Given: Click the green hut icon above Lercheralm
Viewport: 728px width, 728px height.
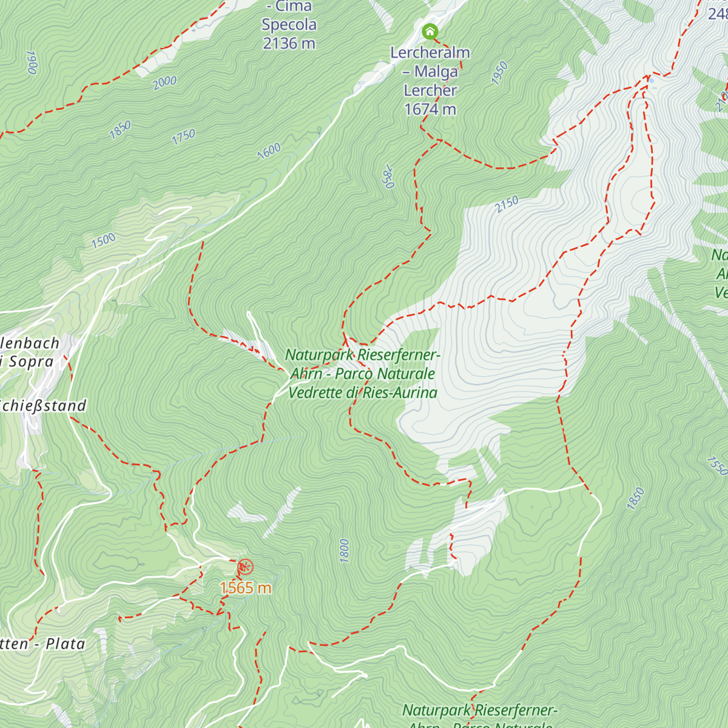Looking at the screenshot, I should point(430,31).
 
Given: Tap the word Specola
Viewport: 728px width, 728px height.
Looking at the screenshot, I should point(289,25).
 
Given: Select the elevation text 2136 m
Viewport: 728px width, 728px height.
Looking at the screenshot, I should point(289,44).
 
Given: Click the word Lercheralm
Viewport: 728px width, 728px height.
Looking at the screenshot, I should point(430,53).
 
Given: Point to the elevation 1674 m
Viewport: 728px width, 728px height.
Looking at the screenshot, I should point(430,109).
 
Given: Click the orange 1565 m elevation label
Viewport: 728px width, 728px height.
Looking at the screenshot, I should point(245,588).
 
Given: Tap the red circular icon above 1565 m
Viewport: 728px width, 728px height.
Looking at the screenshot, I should point(244,567).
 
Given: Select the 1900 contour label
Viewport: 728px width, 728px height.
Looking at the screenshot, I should point(32,62).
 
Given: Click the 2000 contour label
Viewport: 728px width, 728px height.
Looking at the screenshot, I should point(165,83).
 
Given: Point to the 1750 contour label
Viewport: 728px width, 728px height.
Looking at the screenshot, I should point(183,136).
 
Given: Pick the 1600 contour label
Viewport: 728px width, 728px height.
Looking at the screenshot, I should point(269,150).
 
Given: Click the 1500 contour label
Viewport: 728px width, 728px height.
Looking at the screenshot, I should point(103,240).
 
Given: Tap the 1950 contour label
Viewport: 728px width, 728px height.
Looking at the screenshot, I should point(499,73).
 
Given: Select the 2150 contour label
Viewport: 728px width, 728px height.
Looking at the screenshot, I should point(507,204).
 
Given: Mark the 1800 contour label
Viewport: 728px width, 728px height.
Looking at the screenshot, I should point(344,550).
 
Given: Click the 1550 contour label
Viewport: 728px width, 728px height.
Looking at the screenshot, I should point(716,465).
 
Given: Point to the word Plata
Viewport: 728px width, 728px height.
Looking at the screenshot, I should point(66,644).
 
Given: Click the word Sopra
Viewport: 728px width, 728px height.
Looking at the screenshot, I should point(31,362).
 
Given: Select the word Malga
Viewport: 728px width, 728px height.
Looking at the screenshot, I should point(436,72).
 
